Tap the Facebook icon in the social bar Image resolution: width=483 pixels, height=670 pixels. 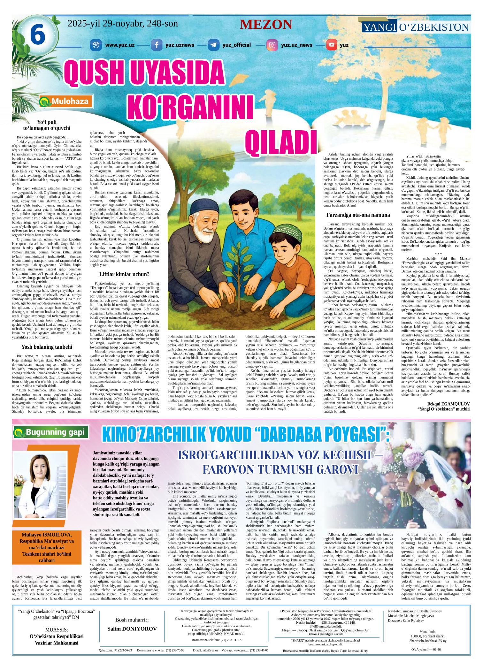point(156,45)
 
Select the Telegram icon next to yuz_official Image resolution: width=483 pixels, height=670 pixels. point(213,45)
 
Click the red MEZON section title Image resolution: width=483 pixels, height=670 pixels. point(266,25)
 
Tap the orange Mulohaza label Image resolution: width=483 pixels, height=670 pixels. point(66,102)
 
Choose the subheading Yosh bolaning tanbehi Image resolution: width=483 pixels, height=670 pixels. point(47,347)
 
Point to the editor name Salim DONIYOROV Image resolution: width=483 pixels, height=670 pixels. point(132,629)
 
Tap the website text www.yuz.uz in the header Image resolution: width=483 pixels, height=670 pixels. point(119,45)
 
